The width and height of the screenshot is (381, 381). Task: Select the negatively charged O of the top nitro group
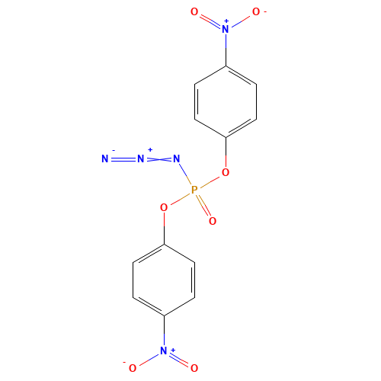coord(255,13)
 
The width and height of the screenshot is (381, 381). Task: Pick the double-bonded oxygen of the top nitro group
coord(195,13)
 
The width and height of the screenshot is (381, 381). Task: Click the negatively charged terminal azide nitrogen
coord(104,158)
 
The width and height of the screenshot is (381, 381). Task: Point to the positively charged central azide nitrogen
coord(141,158)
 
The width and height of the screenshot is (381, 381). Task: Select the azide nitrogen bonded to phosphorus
coord(176,158)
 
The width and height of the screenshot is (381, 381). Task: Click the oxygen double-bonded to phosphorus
coord(212,221)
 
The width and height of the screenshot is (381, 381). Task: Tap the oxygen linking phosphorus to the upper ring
coord(225,173)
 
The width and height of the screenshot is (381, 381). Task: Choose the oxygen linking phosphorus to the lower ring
coord(164,206)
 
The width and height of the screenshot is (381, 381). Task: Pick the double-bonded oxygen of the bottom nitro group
coord(194,367)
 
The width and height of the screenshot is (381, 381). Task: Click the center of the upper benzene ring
coord(225,101)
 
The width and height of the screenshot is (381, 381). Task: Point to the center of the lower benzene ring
coord(164,280)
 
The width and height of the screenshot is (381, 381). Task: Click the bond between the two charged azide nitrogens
coord(123,158)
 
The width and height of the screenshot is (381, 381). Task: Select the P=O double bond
coord(203,205)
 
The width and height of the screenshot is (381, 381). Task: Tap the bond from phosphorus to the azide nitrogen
coord(185,174)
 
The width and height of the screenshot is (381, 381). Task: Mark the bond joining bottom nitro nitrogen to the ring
coord(164,333)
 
